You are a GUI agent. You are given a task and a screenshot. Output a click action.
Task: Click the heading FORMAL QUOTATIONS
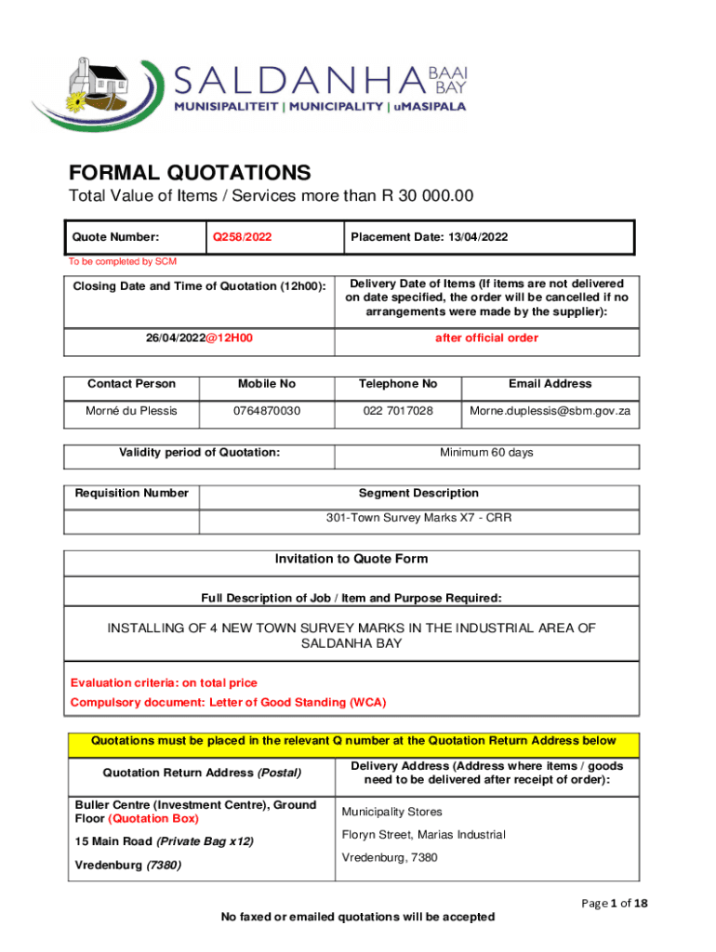click(x=190, y=173)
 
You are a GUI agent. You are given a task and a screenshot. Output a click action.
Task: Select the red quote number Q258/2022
click(x=243, y=237)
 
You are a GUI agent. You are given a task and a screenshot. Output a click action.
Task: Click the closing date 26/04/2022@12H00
click(x=199, y=337)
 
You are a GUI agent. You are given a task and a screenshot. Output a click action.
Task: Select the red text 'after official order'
click(x=486, y=337)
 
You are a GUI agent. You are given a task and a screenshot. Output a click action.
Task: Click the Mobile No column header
click(x=266, y=383)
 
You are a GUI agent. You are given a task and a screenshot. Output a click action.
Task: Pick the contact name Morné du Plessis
click(x=131, y=410)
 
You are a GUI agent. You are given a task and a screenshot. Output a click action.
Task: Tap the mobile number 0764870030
click(x=266, y=410)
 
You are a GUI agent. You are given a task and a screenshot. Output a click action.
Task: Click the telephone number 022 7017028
click(x=399, y=410)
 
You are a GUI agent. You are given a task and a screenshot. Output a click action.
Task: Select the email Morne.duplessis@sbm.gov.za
click(x=550, y=410)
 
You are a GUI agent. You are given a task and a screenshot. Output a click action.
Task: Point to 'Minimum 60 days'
click(x=486, y=453)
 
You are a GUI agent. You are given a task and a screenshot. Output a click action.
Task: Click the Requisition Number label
click(x=131, y=493)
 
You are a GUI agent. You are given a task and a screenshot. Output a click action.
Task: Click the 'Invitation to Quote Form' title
click(x=351, y=559)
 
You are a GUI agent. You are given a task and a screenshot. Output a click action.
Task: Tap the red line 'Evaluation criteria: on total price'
click(x=164, y=682)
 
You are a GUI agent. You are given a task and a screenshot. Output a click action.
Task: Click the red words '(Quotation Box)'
click(x=153, y=819)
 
